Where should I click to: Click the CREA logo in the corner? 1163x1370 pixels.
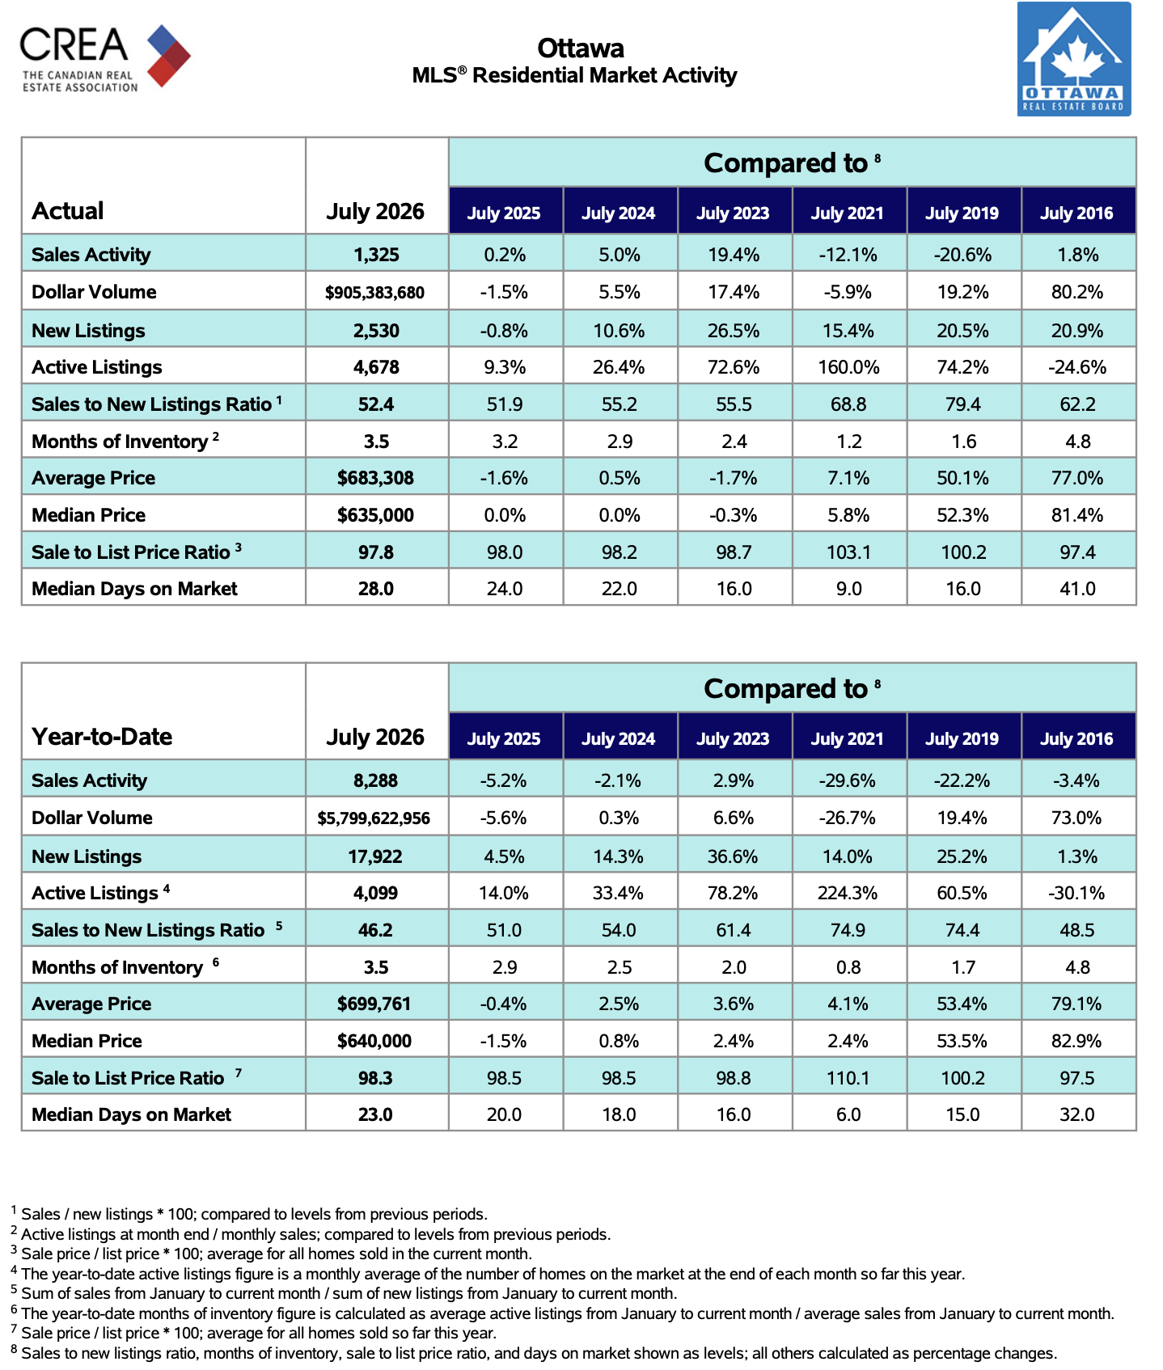(x=105, y=57)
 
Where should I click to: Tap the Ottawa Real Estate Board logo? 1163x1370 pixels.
(x=1074, y=59)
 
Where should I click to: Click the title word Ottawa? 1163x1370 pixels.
(x=581, y=49)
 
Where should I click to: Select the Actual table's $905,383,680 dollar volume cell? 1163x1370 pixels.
(x=375, y=293)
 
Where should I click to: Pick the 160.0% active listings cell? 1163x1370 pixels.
(x=848, y=367)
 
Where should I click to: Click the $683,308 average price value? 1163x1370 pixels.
(x=375, y=478)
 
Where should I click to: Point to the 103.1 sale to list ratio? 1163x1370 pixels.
(x=848, y=552)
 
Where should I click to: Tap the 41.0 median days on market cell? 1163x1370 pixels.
(x=1077, y=589)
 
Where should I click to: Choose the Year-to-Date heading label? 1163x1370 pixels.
(x=102, y=737)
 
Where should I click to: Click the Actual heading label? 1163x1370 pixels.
(x=68, y=211)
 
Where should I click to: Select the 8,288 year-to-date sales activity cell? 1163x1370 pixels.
(x=375, y=780)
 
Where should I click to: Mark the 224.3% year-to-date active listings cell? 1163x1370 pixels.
(x=848, y=893)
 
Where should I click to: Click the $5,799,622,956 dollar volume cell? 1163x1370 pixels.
(x=374, y=818)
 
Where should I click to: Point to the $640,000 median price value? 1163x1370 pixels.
(x=374, y=1041)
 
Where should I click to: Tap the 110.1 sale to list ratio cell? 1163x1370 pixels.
(x=848, y=1078)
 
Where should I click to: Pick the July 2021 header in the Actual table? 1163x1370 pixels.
(x=848, y=214)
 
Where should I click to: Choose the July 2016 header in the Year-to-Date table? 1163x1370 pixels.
(x=1076, y=739)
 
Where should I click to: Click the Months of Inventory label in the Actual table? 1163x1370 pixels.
(x=120, y=442)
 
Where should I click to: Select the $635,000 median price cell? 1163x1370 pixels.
(x=375, y=515)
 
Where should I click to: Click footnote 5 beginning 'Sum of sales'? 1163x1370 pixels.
(x=345, y=1293)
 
